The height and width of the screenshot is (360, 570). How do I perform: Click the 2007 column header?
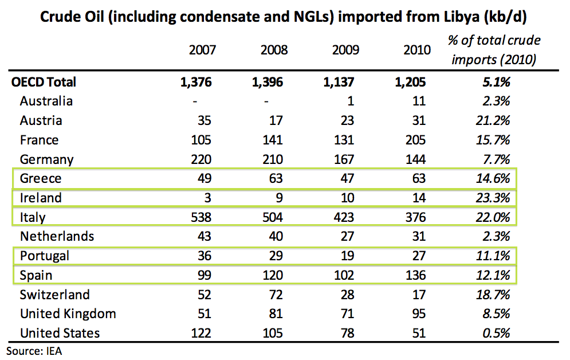coord(202,50)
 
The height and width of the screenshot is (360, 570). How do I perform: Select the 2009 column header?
coord(345,50)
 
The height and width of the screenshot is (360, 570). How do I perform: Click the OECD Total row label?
coord(44,82)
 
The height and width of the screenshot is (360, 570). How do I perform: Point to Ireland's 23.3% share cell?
coord(495,198)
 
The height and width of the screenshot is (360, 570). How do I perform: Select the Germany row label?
coord(46,159)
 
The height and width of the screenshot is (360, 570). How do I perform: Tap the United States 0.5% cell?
coord(497,333)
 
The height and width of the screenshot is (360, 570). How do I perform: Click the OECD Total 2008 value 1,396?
coord(268,82)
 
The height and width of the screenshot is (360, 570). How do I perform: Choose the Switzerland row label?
coord(54,295)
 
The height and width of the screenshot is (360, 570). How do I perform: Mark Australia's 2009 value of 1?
coord(351,101)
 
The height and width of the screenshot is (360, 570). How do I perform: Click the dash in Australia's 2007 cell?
coord(195,101)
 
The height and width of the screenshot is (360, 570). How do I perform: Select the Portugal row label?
coord(44,256)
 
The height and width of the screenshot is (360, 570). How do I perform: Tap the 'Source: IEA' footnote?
coord(34,351)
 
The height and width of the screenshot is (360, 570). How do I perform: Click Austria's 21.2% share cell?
coord(495,120)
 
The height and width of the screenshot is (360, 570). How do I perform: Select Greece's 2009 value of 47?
coord(347,178)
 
